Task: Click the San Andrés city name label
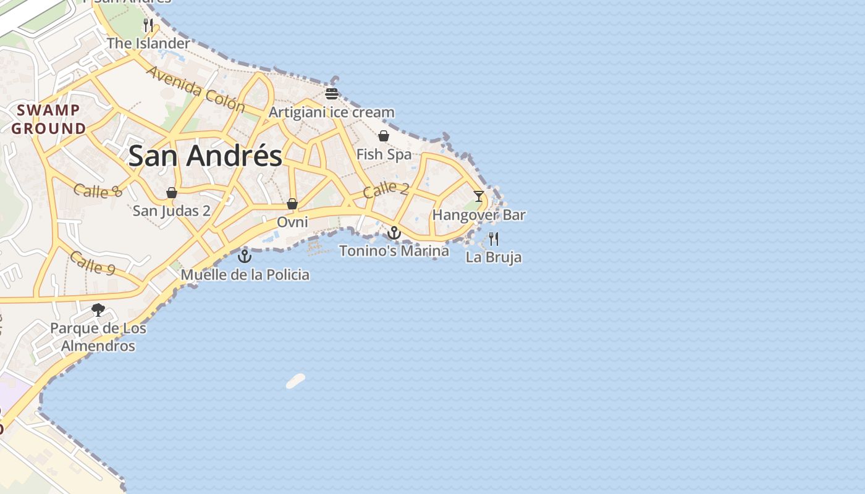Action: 205,156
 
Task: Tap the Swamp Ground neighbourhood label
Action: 49,119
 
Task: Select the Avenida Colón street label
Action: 195,89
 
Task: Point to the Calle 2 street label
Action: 386,190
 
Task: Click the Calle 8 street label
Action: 98,191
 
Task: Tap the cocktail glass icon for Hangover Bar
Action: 479,196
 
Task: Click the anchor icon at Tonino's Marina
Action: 394,233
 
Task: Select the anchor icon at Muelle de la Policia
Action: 245,256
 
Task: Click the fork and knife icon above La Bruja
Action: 493,238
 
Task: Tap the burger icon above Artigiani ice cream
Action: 332,94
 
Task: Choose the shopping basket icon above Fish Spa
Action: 384,136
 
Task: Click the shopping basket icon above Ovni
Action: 292,203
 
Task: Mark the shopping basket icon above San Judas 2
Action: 172,193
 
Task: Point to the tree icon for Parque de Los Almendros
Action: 98,309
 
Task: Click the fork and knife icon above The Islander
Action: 148,25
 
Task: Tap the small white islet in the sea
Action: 296,381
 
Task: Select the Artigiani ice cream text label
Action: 331,112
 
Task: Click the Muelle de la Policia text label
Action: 245,275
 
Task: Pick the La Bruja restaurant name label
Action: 494,257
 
